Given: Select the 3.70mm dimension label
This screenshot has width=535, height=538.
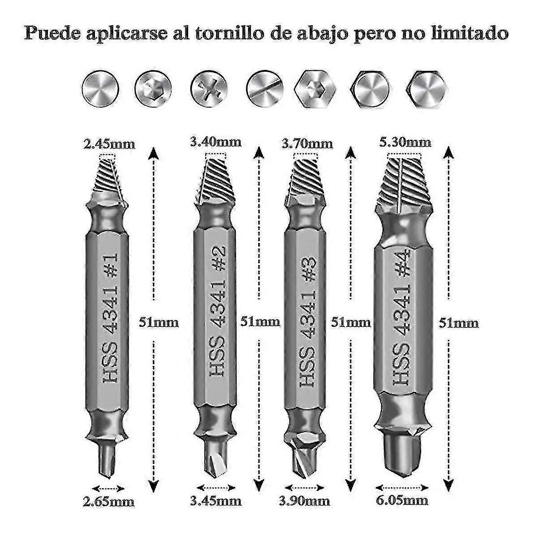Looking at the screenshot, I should coord(307,143).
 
